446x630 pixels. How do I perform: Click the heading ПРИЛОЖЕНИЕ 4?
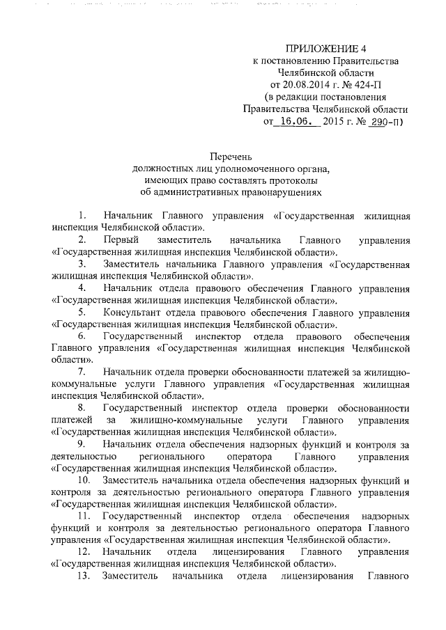[326, 49]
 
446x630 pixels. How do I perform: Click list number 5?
[82, 311]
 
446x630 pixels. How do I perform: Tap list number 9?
[82, 443]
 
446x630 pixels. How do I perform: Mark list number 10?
[84, 480]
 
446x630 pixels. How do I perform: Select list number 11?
[84, 516]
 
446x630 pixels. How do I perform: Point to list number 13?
[84, 576]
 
